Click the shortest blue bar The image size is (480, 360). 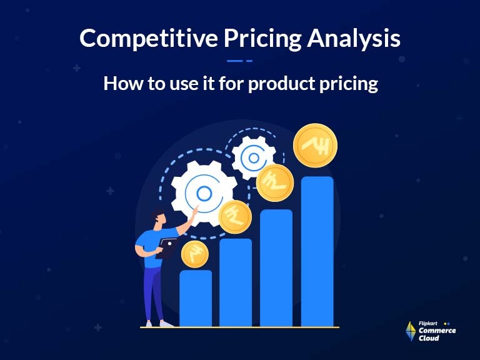click(196, 298)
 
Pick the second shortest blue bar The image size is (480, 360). click(236, 282)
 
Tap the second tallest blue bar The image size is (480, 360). click(276, 267)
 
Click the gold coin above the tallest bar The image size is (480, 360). click(315, 145)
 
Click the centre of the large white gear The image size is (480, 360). click(204, 193)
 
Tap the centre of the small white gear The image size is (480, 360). click(254, 157)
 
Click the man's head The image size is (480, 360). click(157, 217)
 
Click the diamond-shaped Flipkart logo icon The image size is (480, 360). click(411, 331)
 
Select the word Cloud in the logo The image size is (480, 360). click(429, 338)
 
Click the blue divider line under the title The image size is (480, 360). click(239, 61)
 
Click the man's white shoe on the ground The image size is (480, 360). click(166, 324)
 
